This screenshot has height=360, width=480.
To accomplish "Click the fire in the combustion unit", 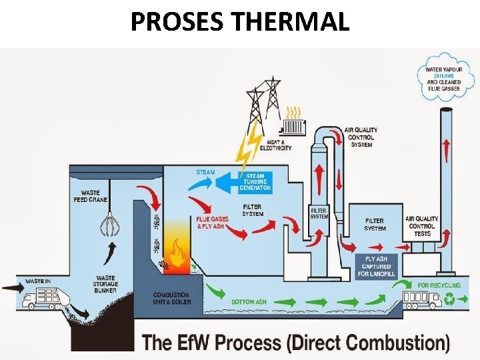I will point(176,254).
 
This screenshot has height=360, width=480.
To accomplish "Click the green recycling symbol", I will point(451,301).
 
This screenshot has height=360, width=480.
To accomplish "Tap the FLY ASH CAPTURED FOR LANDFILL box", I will point(377,266).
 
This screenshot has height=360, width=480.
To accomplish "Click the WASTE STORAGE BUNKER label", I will point(106,284).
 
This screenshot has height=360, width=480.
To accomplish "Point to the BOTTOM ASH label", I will point(249,302).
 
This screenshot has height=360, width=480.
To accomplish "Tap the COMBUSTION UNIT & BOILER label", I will point(171,298).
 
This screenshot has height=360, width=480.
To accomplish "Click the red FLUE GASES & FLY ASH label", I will point(212,223).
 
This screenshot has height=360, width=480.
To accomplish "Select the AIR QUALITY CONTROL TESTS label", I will point(421,226).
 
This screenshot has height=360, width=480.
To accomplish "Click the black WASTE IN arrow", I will point(12,288).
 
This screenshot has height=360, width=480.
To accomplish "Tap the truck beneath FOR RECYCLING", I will point(419,299).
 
